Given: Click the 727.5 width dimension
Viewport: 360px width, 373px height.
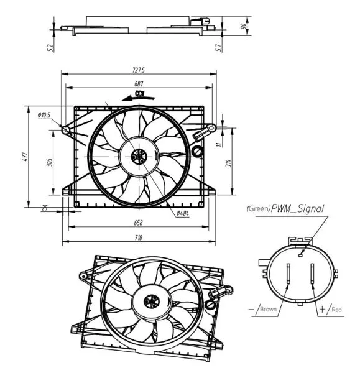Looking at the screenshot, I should click(x=137, y=70).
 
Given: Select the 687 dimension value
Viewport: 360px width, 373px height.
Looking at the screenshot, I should click(x=138, y=84).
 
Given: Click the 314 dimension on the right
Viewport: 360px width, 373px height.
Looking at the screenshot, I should click(x=228, y=163).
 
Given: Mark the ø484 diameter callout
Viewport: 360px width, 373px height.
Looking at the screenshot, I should click(x=182, y=213).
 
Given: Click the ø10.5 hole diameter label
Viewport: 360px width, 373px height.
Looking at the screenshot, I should click(x=44, y=115).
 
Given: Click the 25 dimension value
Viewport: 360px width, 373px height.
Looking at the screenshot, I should click(x=45, y=208).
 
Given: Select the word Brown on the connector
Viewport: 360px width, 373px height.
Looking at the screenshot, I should click(x=268, y=309).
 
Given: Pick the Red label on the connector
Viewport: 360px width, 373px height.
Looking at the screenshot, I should click(x=336, y=309).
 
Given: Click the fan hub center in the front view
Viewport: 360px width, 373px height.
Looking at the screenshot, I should click(x=139, y=156).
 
